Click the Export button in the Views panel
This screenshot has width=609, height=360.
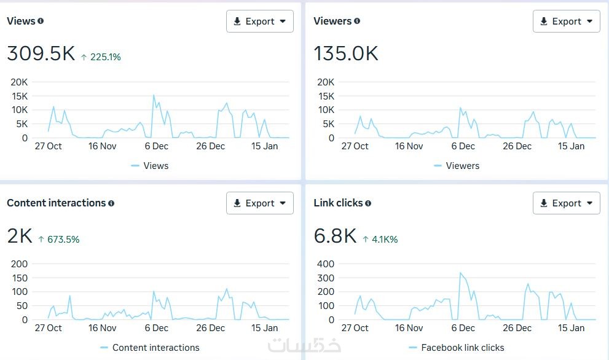tap(259, 22)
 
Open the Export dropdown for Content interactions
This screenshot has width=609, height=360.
tap(259, 203)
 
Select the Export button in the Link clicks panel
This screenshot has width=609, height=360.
tap(566, 203)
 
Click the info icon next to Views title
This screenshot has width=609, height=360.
tap(41, 21)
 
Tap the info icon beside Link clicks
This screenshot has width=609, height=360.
tap(367, 203)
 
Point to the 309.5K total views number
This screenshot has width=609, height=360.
tap(41, 54)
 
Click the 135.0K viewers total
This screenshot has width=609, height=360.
tap(346, 54)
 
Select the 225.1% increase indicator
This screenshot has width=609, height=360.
tap(101, 57)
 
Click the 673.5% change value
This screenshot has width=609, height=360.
tap(59, 239)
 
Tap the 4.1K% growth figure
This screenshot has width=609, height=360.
tap(380, 239)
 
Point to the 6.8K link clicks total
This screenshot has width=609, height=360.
tap(335, 236)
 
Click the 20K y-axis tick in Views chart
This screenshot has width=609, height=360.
tap(20, 82)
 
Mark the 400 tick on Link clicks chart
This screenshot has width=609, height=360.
tap(326, 264)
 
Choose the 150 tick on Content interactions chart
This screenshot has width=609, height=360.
tap(20, 278)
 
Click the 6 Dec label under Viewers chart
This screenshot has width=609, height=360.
tap(463, 146)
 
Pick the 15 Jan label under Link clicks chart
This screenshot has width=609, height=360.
tap(572, 328)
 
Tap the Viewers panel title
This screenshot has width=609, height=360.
tap(332, 21)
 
